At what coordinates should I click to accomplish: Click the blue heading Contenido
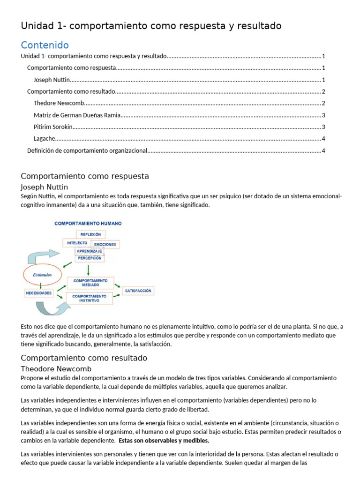[x=45, y=45]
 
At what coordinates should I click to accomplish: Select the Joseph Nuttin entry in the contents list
[x=51, y=80]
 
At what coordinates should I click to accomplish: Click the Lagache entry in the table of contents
[x=45, y=138]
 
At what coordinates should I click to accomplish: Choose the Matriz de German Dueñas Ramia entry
[x=77, y=115]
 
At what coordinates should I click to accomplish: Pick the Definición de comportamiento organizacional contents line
[x=87, y=150]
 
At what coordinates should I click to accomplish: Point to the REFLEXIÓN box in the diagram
[x=91, y=234]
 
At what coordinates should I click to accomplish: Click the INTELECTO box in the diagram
[x=77, y=243]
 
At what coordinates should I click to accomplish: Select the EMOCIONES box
[x=105, y=244]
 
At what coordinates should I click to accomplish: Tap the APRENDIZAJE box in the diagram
[x=89, y=251]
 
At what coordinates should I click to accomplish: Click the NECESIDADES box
[x=38, y=293]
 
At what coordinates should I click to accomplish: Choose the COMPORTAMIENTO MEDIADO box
[x=91, y=283]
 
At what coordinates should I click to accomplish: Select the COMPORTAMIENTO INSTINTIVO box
[x=89, y=299]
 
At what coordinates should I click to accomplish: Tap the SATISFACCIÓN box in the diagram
[x=138, y=291]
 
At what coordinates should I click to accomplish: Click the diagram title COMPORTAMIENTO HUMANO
[x=88, y=224]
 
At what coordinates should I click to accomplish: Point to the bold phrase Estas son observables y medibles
[x=164, y=441]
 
